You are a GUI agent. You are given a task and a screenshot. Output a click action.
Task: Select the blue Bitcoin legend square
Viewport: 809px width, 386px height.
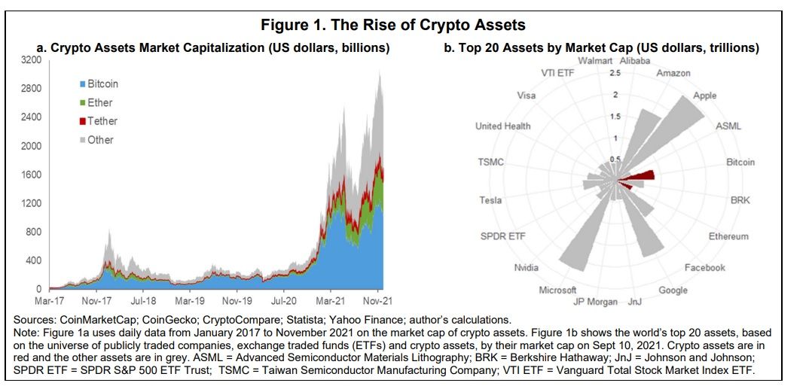[x=82, y=84]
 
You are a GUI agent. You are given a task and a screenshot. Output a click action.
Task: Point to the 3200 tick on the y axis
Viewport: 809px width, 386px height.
[x=31, y=59]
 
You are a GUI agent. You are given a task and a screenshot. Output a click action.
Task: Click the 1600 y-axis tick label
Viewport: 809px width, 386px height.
[x=31, y=175]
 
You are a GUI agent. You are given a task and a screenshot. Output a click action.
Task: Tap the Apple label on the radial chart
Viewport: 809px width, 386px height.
[x=705, y=96]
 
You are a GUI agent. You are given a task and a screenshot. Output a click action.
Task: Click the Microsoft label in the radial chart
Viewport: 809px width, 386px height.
[x=557, y=290]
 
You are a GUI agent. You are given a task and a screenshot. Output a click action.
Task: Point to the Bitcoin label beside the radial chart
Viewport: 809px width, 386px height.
[x=740, y=162]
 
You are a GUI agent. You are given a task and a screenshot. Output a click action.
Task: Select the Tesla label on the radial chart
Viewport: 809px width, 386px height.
[x=490, y=200]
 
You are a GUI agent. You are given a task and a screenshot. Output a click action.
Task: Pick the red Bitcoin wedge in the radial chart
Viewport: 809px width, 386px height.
[x=640, y=178]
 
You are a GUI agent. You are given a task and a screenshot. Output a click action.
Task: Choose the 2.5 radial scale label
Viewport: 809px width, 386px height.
[x=615, y=73]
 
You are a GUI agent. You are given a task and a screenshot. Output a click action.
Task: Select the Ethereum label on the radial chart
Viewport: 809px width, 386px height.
[x=728, y=236]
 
